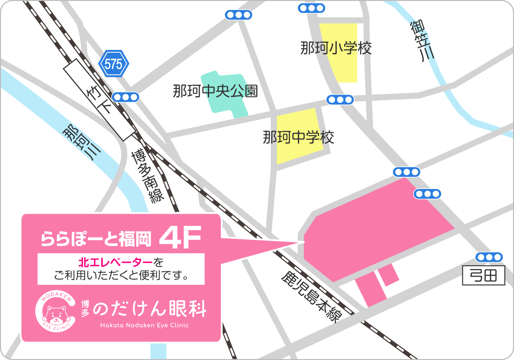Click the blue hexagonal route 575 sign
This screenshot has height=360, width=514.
pyautogui.click(x=113, y=64)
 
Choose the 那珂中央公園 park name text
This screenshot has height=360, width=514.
pyautogui.click(x=215, y=91)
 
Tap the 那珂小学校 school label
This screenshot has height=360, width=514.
pyautogui.click(x=336, y=48)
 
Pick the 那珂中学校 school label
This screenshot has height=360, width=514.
pyautogui.click(x=298, y=137)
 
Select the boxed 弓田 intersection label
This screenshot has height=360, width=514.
pyautogui.click(x=483, y=275)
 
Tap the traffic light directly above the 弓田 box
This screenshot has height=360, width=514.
pyautogui.click(x=489, y=257)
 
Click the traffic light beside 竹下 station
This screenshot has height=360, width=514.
pyautogui.click(x=125, y=97)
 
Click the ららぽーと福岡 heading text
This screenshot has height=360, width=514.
pyautogui.click(x=96, y=239)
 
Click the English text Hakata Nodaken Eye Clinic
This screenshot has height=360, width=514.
pyautogui.click(x=144, y=325)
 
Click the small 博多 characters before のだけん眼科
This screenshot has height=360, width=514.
pyautogui.click(x=85, y=308)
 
